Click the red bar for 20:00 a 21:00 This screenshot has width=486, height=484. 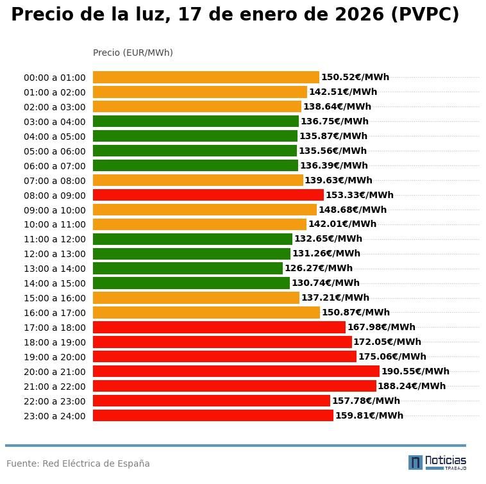(x=236, y=371)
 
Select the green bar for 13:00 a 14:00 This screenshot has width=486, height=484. (x=188, y=269)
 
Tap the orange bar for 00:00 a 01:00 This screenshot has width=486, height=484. (x=206, y=77)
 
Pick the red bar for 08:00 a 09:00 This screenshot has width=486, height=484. (x=208, y=195)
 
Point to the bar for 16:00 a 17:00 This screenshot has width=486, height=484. (x=206, y=313)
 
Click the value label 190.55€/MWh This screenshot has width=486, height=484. (x=415, y=371)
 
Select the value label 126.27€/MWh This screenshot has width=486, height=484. (x=319, y=269)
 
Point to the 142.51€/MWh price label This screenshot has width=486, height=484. (x=343, y=92)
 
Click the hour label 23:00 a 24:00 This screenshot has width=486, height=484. (x=54, y=416)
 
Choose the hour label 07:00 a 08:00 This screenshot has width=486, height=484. (x=54, y=181)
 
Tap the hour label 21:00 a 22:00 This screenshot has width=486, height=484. (x=54, y=387)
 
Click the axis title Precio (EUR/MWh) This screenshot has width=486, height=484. (x=133, y=53)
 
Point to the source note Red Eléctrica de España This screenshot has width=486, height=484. (x=96, y=463)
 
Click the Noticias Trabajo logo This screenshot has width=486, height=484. (x=437, y=462)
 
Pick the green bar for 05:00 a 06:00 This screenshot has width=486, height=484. (x=195, y=151)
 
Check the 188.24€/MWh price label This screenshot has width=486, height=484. (x=412, y=386)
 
